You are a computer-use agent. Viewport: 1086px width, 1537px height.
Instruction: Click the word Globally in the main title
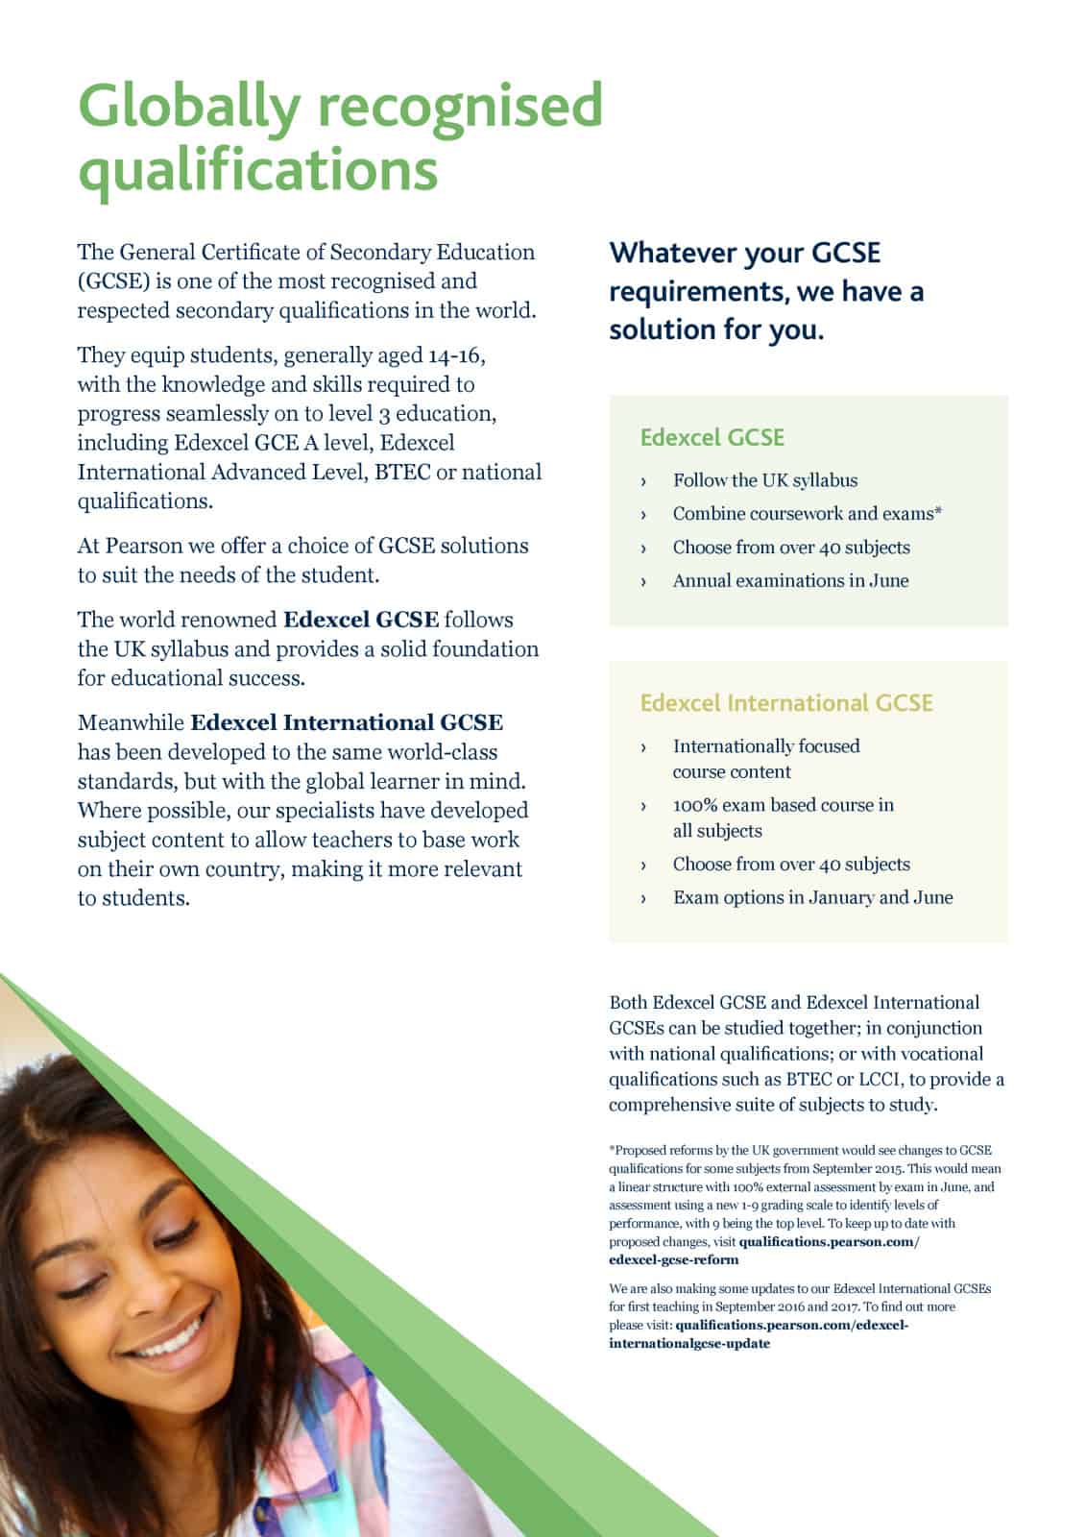coord(188,106)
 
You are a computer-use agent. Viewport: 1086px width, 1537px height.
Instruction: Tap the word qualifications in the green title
coord(257,169)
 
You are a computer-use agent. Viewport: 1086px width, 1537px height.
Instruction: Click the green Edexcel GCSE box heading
coord(712,438)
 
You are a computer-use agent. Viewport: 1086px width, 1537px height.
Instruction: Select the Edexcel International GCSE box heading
coord(785,703)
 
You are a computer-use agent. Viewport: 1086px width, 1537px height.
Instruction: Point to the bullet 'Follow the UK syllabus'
coord(764,480)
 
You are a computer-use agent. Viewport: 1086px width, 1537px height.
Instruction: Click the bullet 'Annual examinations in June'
coord(790,580)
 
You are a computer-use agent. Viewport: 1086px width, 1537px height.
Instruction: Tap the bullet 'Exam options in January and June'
coord(812,897)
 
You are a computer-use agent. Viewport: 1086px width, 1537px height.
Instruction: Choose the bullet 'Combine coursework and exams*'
coord(807,514)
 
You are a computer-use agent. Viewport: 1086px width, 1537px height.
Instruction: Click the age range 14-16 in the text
coord(456,355)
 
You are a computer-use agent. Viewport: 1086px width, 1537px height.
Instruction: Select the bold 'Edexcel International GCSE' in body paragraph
coord(346,722)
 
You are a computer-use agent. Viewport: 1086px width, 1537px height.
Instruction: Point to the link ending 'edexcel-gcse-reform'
coord(673,1259)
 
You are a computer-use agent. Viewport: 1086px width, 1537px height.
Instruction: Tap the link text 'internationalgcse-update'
coord(688,1343)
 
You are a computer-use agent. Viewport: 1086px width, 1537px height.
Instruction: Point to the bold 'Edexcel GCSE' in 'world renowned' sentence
coord(361,620)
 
